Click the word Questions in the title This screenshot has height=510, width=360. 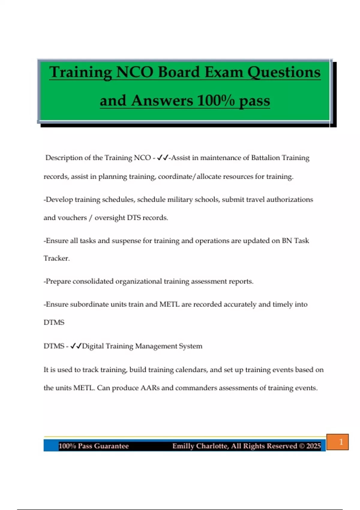[x=284, y=73]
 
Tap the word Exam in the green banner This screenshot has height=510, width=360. [x=222, y=73]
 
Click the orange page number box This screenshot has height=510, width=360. [x=337, y=442]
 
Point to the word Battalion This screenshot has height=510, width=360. [x=265, y=158]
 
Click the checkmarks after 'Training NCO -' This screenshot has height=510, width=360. [x=163, y=157]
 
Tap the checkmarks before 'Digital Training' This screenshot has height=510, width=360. [x=76, y=346]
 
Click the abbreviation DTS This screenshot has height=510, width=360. [x=134, y=218]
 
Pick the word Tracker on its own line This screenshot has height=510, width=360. [x=56, y=258]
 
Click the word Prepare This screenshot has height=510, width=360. [x=58, y=281]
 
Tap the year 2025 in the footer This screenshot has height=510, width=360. [x=313, y=446]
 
